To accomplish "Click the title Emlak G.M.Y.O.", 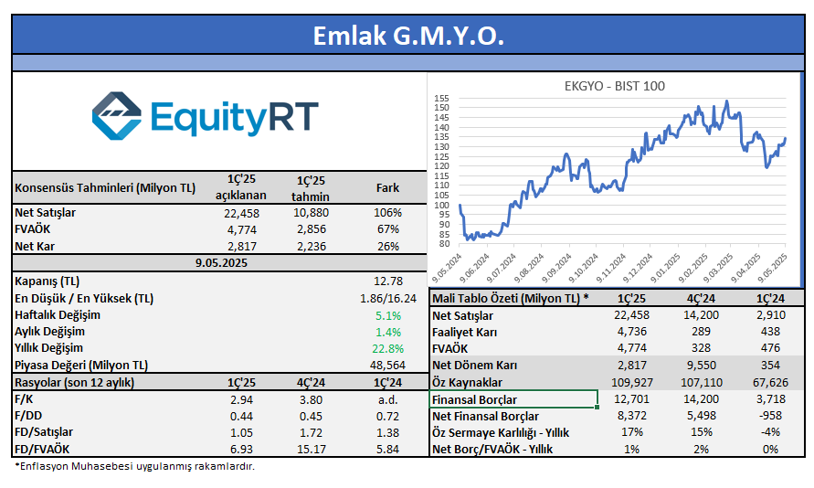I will click(x=407, y=36).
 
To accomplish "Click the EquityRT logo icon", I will click(x=117, y=115).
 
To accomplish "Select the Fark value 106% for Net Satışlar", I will click(x=388, y=213).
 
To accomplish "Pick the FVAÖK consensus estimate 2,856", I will click(x=314, y=229).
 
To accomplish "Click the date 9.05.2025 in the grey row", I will click(x=221, y=262).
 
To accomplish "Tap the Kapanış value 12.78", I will click(x=388, y=280).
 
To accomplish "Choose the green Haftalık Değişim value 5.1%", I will click(x=388, y=314).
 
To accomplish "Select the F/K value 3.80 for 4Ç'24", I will click(x=314, y=399).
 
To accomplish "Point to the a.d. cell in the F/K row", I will click(x=388, y=399).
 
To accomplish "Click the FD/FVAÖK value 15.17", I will click(x=314, y=450).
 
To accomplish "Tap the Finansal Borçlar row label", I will click(x=474, y=399).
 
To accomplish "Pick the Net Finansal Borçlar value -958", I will click(x=769, y=416).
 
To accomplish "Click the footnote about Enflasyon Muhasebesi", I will click(x=135, y=467).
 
